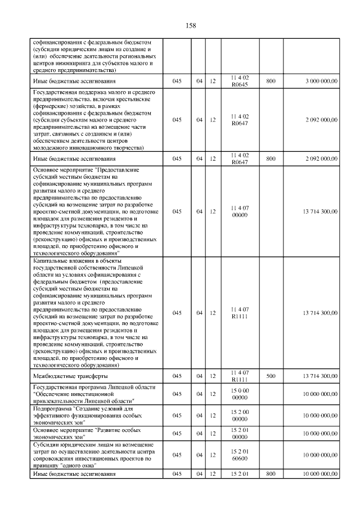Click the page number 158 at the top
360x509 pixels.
pyautogui.click(x=190, y=25)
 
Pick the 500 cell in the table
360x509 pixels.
pyautogui.click(x=271, y=376)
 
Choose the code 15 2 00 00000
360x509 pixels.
pyautogui.click(x=240, y=415)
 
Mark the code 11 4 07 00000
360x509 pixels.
pyautogui.click(x=240, y=211)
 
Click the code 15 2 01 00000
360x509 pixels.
pyautogui.click(x=240, y=433)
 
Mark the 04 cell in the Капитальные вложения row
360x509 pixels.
pyautogui.click(x=199, y=313)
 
